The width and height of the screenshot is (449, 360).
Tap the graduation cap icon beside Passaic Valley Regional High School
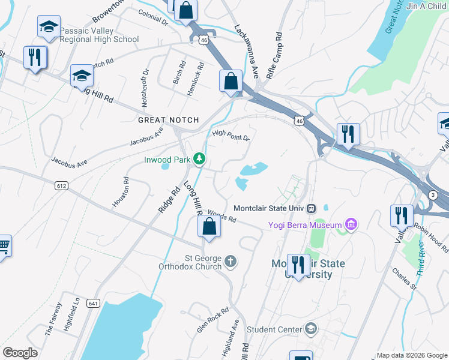[x=49, y=27]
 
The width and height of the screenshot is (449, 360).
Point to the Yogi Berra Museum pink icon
[x=351, y=225]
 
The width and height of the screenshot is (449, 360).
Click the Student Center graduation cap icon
[x=311, y=328]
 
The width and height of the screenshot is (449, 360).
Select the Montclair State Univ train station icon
[x=311, y=208]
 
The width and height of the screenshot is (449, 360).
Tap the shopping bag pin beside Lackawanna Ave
[x=231, y=81]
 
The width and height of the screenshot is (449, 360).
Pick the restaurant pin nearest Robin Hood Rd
[x=401, y=215]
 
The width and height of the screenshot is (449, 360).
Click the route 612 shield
[x=61, y=186]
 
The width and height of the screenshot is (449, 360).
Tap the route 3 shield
[x=433, y=196]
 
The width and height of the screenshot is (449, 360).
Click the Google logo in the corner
[x=20, y=353]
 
